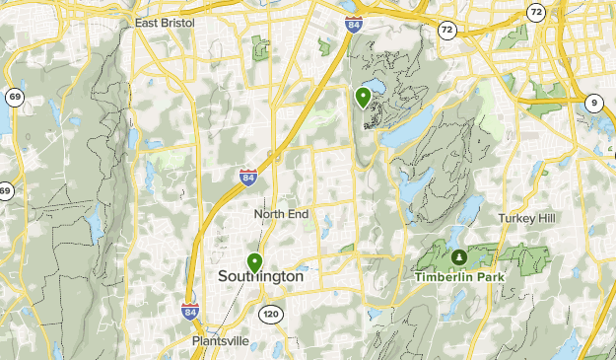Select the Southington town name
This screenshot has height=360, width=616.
pyautogui.click(x=260, y=278)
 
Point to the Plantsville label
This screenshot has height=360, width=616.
pyautogui.click(x=221, y=342)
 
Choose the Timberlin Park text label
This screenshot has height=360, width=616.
pyautogui.click(x=457, y=277)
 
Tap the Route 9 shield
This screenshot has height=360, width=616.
pyautogui.click(x=593, y=103)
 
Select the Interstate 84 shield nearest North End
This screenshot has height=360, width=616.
pyautogui.click(x=247, y=178)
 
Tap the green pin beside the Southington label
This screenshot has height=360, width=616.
pyautogui.click(x=255, y=262)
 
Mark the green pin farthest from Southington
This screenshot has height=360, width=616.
pyautogui.click(x=364, y=97)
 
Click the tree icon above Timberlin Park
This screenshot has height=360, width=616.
pyautogui.click(x=457, y=257)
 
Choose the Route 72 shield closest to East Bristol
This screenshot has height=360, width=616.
pyautogui.click(x=447, y=32)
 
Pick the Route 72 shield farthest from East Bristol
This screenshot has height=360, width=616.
pyautogui.click(x=535, y=12)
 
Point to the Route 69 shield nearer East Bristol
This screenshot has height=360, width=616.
pyautogui.click(x=13, y=97)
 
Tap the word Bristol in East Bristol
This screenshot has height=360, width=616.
pyautogui.click(x=176, y=21)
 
